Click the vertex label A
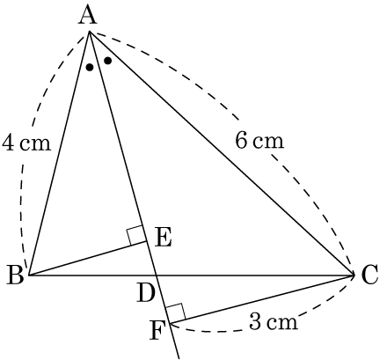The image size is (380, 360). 87,16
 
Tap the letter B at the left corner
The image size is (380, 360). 15,275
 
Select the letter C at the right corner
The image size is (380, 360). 369,275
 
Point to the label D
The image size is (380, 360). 145,293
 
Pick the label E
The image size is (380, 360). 163,239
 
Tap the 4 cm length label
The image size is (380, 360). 26,143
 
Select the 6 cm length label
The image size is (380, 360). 259,141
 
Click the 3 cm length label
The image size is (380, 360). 274,322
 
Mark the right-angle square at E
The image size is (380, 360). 136,235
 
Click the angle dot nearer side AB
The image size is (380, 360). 90,68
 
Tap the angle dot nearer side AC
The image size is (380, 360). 108,61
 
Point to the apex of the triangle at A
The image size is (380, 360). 89,31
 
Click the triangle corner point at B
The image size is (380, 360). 28,276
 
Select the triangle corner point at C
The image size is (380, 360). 354,276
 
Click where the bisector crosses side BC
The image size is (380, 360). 157,276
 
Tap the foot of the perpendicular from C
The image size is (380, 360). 170,324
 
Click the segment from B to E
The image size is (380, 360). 87,259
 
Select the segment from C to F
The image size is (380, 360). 262,299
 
